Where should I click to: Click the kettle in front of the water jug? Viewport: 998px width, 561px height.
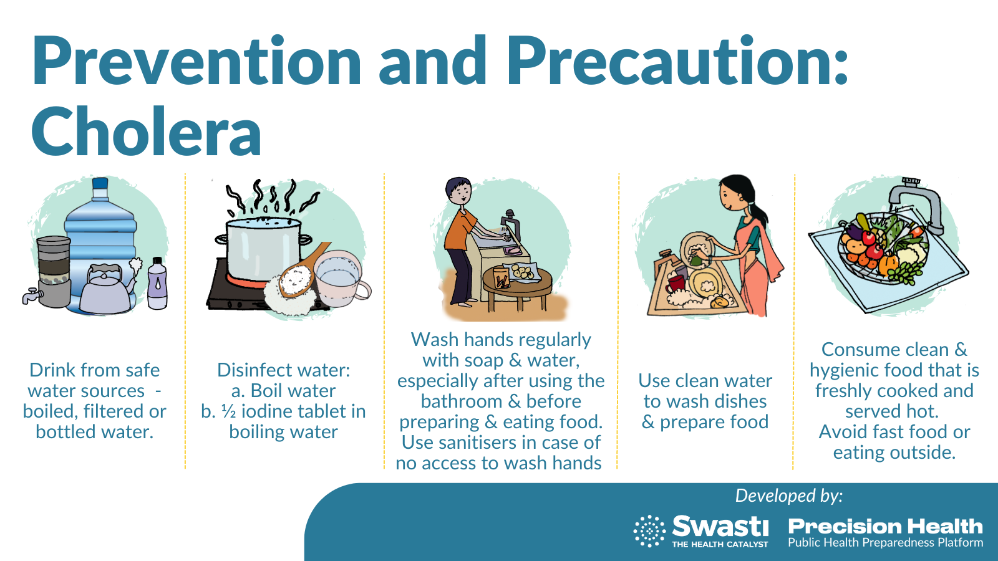click(x=107, y=288)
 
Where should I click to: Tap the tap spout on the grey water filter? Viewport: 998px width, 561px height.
click(x=31, y=295)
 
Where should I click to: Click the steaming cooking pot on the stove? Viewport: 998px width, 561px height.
click(x=263, y=249)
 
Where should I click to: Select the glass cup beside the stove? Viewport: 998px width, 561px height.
click(x=341, y=279)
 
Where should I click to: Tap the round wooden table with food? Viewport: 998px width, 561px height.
click(x=518, y=289)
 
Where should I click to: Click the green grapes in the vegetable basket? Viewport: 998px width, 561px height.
click(x=904, y=272)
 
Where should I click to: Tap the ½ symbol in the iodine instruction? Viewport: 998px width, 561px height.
click(x=228, y=411)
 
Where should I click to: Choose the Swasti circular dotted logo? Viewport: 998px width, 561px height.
click(x=649, y=530)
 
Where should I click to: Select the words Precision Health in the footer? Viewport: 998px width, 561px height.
click(x=885, y=526)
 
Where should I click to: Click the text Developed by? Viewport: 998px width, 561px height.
click(x=789, y=496)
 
